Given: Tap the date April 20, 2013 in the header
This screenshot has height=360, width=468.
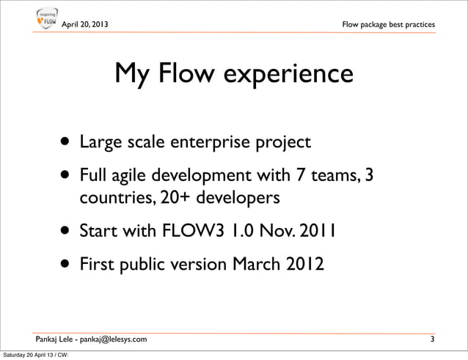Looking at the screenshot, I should pyautogui.click(x=86, y=26).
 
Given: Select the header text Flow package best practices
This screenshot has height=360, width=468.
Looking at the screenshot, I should pyautogui.click(x=389, y=26).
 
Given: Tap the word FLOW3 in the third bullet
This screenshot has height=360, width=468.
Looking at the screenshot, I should pyautogui.click(x=183, y=232).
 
